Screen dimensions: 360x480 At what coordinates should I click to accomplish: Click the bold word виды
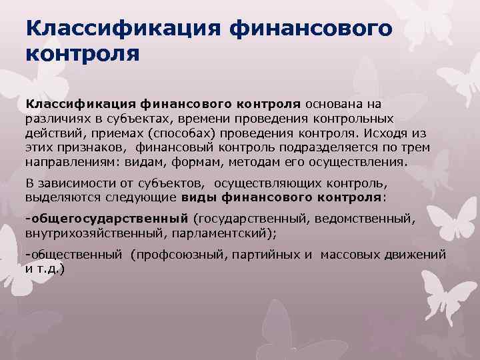tap(197, 198)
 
